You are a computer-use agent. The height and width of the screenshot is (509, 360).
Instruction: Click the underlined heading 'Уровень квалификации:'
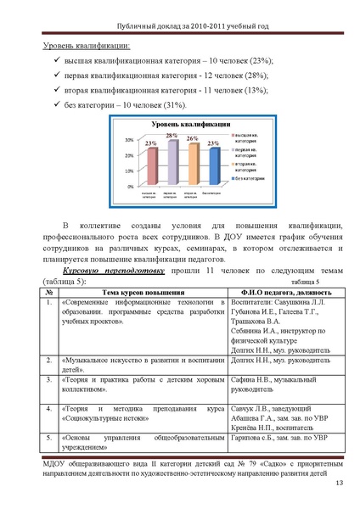pos(87,48)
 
